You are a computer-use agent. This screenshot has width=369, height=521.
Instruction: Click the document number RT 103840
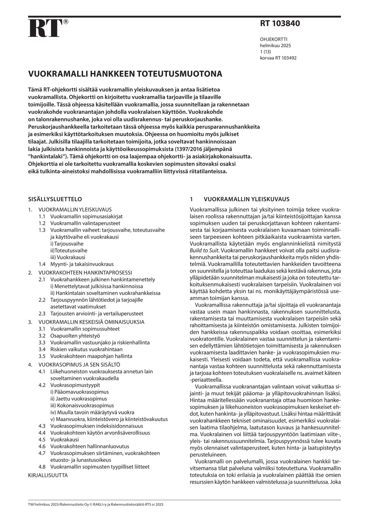pos(280,24)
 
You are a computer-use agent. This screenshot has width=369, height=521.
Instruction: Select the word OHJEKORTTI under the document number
pos(273,39)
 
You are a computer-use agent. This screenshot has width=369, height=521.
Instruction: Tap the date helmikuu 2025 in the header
pos(275,45)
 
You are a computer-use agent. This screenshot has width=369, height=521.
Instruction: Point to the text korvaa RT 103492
pos(278,58)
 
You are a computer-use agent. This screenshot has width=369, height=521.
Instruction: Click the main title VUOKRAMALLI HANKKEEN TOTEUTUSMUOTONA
pos(125,74)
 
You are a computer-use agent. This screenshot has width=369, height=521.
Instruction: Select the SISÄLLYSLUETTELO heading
pos(55,199)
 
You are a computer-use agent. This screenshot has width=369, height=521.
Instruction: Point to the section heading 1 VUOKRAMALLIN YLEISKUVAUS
pos(239,199)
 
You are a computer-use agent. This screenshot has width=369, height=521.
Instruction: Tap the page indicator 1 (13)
pos(266,52)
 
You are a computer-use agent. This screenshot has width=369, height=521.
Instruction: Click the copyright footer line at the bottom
pos(96,505)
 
